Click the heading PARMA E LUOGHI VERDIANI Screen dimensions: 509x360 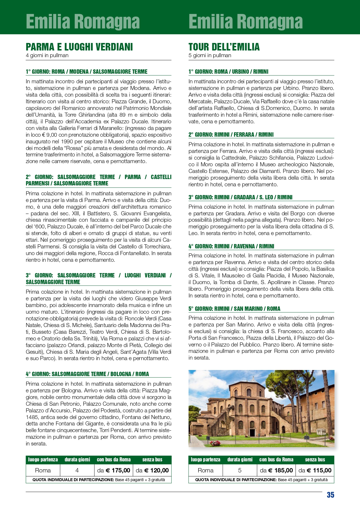coord(79,47)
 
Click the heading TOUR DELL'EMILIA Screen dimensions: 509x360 coord(224,47)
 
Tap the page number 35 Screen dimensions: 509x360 coord(330,495)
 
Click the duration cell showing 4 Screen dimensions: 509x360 coord(77,470)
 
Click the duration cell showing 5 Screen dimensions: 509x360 coord(240,470)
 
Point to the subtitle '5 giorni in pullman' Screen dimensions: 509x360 coord(210,55)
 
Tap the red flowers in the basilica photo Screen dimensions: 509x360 coord(215,443)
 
